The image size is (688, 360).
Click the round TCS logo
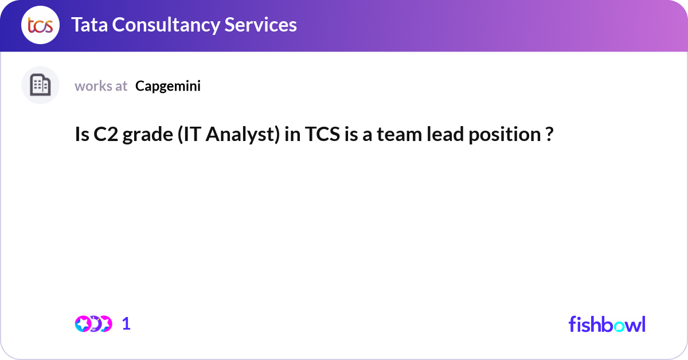coord(40,25)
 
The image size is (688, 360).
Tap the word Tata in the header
coord(89,25)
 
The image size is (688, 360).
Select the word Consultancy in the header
coord(166,25)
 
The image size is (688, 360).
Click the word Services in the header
coord(260,25)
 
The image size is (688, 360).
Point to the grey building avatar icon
coord(40,85)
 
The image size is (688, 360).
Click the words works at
coord(101,86)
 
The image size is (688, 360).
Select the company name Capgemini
coord(167,87)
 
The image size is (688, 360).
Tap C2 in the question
coord(105,134)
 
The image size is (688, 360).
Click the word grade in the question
coord(148,135)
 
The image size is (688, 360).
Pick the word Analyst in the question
coord(243,135)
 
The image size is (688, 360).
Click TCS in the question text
coord(322,134)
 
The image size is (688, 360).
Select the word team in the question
coord(399,135)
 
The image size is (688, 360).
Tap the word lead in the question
coord(445,134)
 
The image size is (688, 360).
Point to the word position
coord(505,135)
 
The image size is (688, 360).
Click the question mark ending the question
coord(549,134)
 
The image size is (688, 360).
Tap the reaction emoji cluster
coord(93,324)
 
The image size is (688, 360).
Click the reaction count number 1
coord(126,324)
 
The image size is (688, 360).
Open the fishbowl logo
coord(607,324)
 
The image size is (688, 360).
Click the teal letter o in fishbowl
coord(619,326)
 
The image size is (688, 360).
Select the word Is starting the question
coord(82,134)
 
